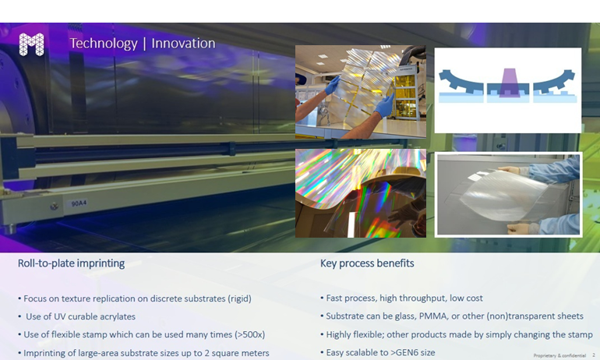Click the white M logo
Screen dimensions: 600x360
[31, 44]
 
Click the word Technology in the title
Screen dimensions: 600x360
[104, 44]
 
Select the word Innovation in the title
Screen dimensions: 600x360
[183, 43]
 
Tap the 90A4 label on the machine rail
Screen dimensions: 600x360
[79, 203]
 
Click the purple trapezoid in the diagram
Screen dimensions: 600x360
[509, 83]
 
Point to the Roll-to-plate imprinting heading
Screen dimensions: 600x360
[71, 263]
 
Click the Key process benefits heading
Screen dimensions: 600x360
[367, 263]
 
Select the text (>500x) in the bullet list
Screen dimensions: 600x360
[250, 335]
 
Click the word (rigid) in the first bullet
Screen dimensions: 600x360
[239, 298]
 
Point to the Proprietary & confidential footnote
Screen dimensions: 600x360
[559, 355]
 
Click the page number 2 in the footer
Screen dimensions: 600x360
[594, 355]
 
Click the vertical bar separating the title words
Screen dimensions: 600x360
[144, 44]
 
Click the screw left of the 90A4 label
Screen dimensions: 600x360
[55, 206]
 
